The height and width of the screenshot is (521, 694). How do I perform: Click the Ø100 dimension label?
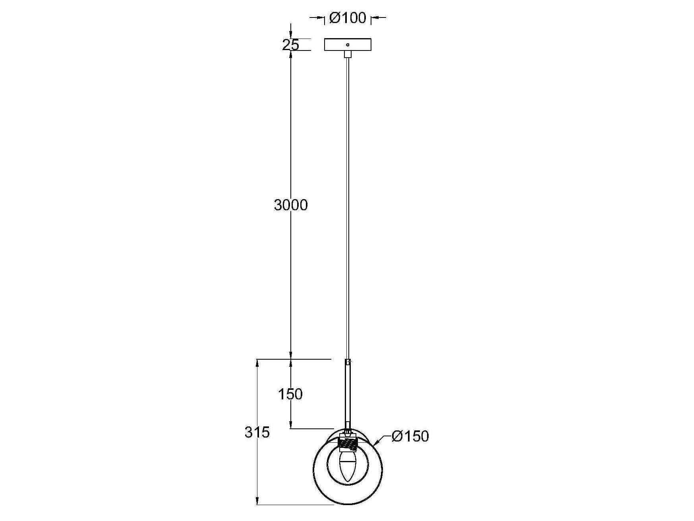point(348,18)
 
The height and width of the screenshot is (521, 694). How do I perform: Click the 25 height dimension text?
point(290,45)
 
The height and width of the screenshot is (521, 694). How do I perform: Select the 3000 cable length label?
point(291,205)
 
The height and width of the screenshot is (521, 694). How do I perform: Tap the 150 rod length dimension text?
point(290,394)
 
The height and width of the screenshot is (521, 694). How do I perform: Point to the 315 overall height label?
point(257,432)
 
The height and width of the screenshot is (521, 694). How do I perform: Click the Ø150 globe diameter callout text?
point(410,436)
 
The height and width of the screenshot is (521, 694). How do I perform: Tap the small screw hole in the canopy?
point(348,45)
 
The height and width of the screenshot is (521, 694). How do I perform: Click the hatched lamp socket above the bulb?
point(348,444)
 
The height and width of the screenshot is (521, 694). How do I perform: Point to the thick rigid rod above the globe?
point(348,393)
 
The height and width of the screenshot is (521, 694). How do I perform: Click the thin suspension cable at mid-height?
point(348,207)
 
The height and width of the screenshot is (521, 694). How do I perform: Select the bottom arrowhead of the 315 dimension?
point(257,501)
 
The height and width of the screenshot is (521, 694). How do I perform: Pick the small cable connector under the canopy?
point(348,54)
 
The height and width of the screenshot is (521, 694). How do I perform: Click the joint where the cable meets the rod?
point(348,362)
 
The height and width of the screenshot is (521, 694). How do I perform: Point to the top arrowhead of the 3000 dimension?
point(291,55)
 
